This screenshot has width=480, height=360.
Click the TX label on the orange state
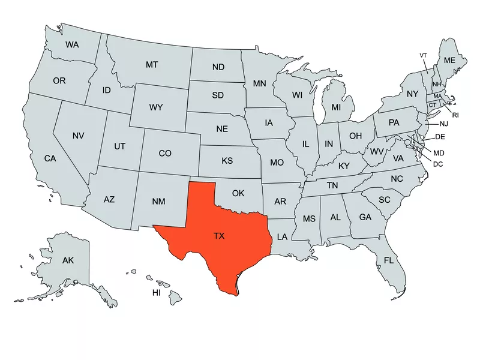point(219,236)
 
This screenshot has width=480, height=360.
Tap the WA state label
point(72,44)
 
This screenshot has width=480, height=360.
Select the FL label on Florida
point(389,260)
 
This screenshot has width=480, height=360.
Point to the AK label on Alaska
point(68,260)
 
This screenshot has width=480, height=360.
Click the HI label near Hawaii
point(156,293)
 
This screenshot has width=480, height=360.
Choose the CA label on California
point(50,158)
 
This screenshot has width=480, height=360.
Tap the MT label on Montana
point(152,64)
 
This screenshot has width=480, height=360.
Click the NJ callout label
point(444,124)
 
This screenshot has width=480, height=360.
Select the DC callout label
point(438,164)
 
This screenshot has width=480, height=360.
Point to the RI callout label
point(455,115)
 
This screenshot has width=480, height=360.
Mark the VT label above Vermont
point(423,55)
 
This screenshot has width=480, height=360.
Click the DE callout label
point(440,137)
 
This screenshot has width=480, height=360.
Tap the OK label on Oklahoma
point(238,193)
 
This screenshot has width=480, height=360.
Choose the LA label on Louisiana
point(282,236)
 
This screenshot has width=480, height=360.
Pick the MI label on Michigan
point(336,107)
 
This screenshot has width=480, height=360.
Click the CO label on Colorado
point(165,154)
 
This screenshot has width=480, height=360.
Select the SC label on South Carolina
point(384,199)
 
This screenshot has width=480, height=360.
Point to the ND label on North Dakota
point(218,67)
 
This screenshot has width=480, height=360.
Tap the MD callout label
point(439,153)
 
